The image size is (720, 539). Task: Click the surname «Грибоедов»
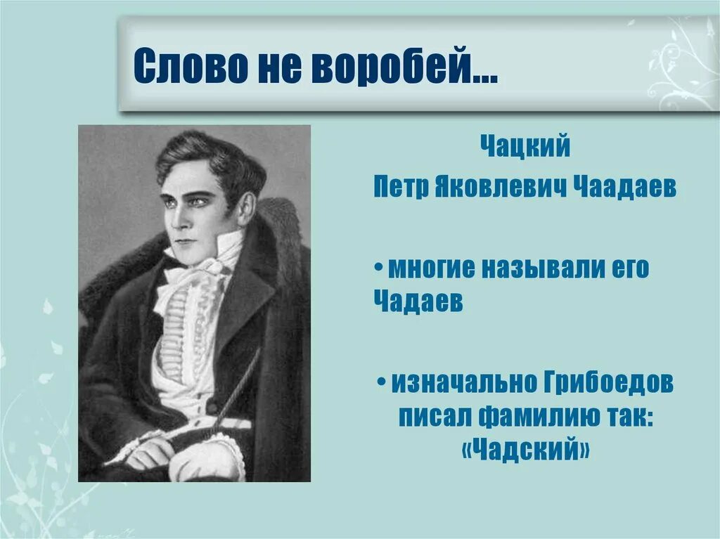click(609, 383)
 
